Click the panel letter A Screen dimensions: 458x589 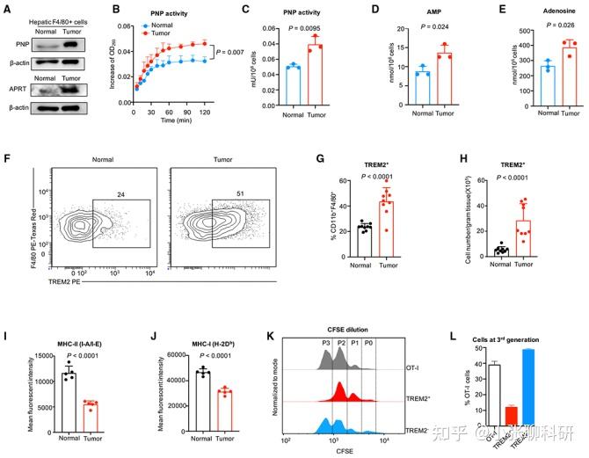pyautogui.click(x=8, y=10)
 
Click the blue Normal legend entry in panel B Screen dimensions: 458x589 pyautogui.click(x=156, y=25)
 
